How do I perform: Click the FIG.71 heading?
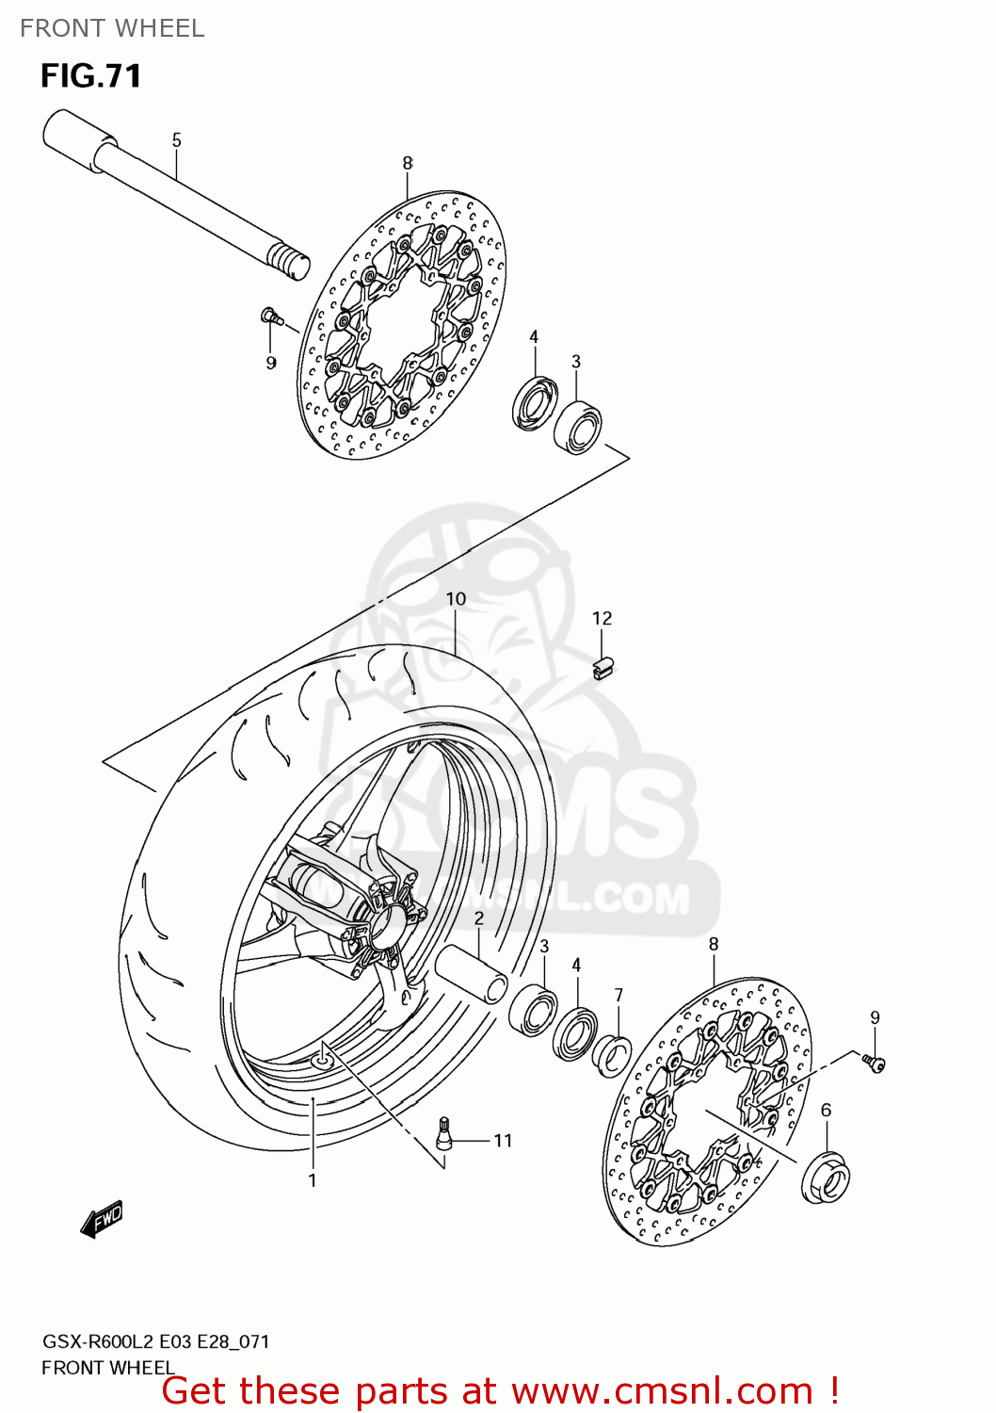pyautogui.click(x=90, y=76)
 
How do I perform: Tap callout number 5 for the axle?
pyautogui.click(x=176, y=140)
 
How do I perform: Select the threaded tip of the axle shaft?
pyautogui.click(x=289, y=260)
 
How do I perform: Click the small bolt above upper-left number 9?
pyautogui.click(x=270, y=317)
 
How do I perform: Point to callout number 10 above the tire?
pyautogui.click(x=456, y=599)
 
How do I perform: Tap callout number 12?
pyautogui.click(x=602, y=618)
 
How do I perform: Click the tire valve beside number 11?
pyautogui.click(x=444, y=1133)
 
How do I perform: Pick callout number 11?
pyautogui.click(x=503, y=1141)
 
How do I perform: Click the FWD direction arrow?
pyautogui.click(x=102, y=1219)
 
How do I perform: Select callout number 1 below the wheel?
pyautogui.click(x=313, y=1180)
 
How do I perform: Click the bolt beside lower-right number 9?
pyautogui.click(x=875, y=1063)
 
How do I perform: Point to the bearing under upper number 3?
pyautogui.click(x=577, y=428)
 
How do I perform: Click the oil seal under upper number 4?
pyautogui.click(x=535, y=403)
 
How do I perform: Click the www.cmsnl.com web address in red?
pyautogui.click(x=662, y=1390)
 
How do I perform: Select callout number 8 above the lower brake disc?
pyautogui.click(x=714, y=944)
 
